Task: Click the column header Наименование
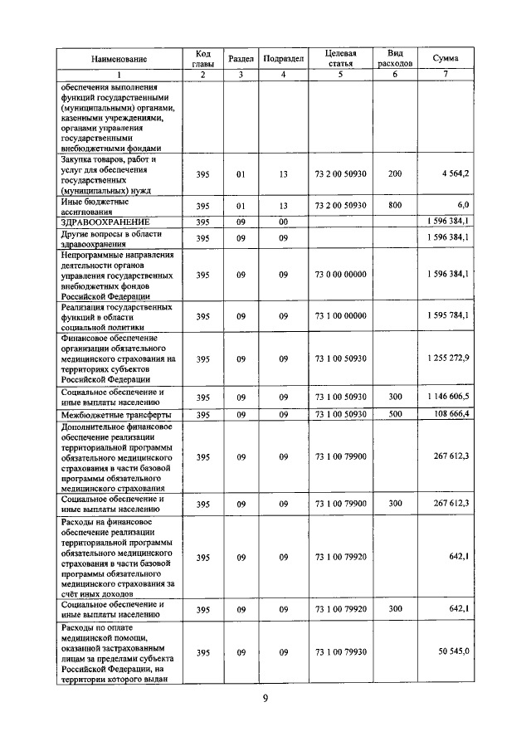(x=119, y=60)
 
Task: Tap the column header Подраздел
(x=283, y=60)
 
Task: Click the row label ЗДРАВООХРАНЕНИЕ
(x=105, y=222)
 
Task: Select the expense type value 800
(x=394, y=205)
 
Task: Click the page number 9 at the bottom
(x=265, y=699)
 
